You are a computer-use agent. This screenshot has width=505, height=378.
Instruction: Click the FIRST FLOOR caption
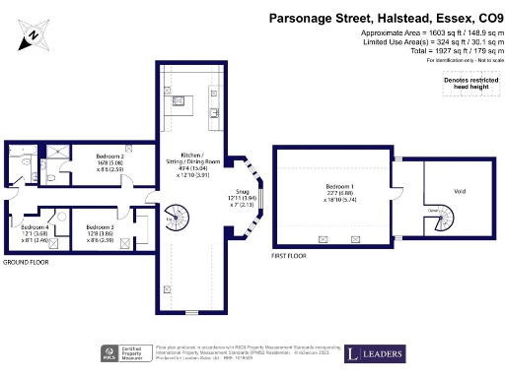288,255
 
